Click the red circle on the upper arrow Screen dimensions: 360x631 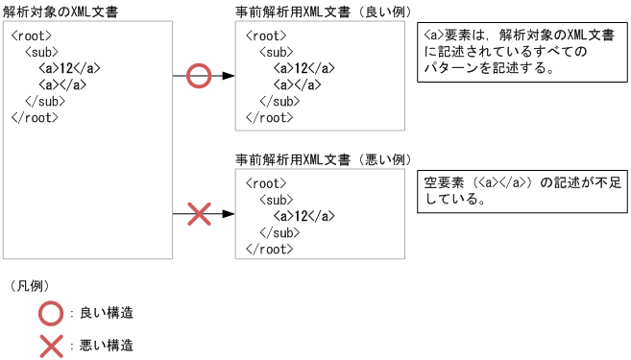tap(198, 75)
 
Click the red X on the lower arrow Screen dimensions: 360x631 tap(198, 214)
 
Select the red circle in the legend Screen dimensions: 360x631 tap(50, 313)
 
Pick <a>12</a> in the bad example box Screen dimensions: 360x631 tap(303, 215)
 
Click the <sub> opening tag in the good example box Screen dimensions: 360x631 tap(276, 52)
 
